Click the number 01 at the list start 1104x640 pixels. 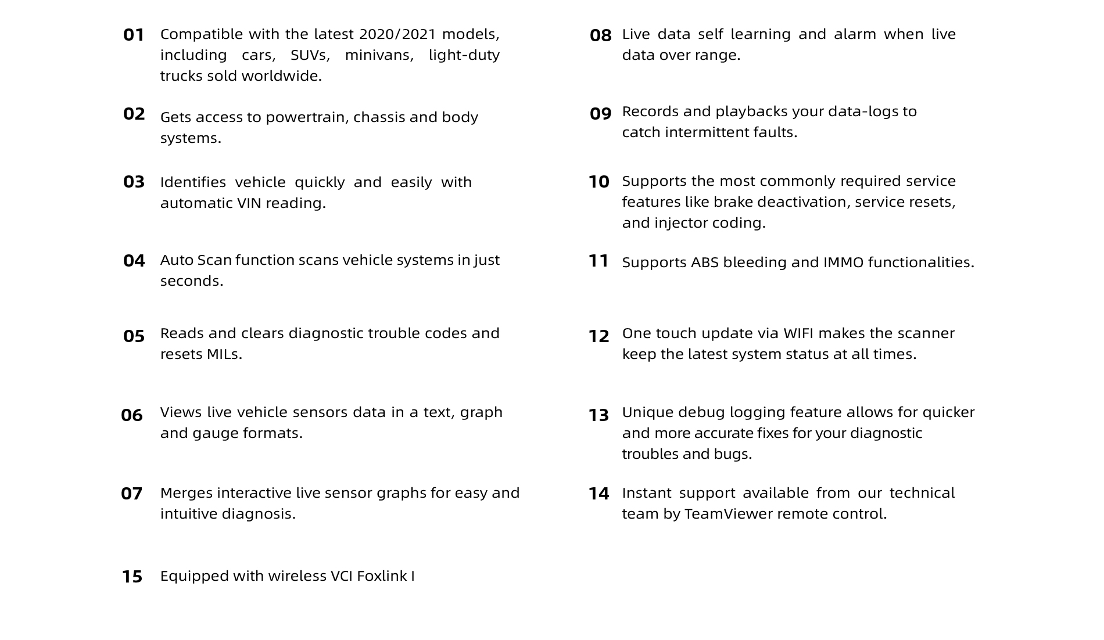(x=134, y=35)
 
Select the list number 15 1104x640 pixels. (x=132, y=577)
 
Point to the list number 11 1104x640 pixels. (x=598, y=261)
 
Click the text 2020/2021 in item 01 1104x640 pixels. (x=397, y=34)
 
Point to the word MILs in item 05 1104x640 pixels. (x=224, y=354)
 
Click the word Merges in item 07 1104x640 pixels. (x=186, y=493)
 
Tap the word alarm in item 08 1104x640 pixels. (x=855, y=34)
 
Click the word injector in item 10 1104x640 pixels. (x=683, y=224)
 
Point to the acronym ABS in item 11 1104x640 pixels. (x=704, y=263)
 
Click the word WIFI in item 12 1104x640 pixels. (x=798, y=333)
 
